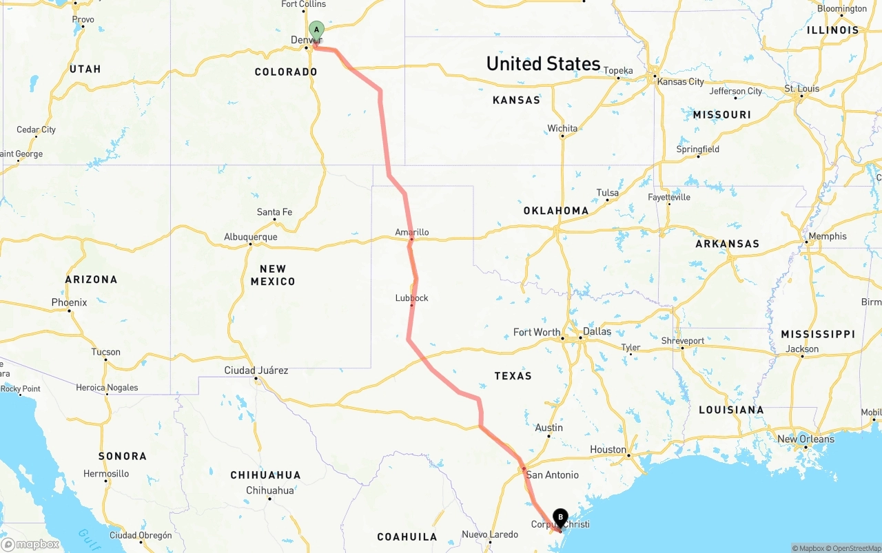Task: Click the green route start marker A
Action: point(316,30)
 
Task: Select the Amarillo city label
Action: point(412,232)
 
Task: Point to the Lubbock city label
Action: point(412,298)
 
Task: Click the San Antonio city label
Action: point(552,474)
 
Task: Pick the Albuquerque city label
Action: point(251,237)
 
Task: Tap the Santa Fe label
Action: point(274,211)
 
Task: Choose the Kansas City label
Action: point(681,81)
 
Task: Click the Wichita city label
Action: point(562,128)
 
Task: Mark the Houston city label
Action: point(608,449)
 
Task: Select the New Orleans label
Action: point(806,439)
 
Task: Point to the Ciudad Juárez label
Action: point(256,370)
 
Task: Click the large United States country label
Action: point(543,63)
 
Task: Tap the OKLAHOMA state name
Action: point(555,211)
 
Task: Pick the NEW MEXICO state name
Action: point(273,275)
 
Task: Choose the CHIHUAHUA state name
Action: point(265,474)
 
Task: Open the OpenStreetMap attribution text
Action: point(854,548)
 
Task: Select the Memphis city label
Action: point(828,236)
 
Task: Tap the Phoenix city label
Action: point(69,302)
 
